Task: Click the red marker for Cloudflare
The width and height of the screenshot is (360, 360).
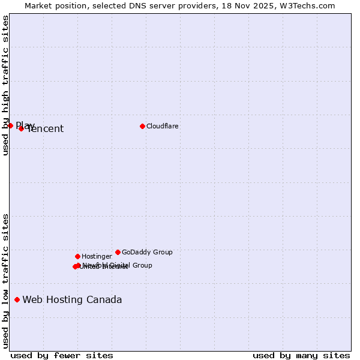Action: [x=142, y=126]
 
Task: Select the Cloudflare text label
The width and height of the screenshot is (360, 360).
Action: [x=162, y=126]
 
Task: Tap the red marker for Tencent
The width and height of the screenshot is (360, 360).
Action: [x=21, y=128]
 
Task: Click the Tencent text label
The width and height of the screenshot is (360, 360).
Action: [x=46, y=129]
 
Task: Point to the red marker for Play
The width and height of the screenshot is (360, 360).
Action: [x=10, y=125]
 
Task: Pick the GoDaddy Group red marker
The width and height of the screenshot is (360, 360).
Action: [x=118, y=252]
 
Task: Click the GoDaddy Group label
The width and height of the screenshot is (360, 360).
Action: [x=147, y=252]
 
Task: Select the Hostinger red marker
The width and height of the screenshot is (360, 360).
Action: [x=77, y=256]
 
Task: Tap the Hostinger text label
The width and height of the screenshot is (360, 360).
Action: [x=97, y=256]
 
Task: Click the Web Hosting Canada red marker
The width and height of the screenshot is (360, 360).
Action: [x=17, y=299]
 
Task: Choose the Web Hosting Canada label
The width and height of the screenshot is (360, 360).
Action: [x=72, y=300]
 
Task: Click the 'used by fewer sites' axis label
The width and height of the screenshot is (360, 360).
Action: [x=62, y=355]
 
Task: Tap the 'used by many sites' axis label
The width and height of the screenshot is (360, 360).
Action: [x=301, y=355]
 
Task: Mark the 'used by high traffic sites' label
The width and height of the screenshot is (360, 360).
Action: [x=5, y=86]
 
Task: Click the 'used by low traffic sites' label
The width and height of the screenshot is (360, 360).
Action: [x=5, y=281]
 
